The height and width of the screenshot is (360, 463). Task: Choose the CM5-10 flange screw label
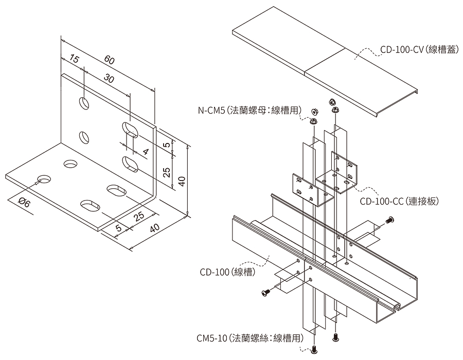(x=250, y=338)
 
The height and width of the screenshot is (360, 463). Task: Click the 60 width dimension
(x=109, y=59)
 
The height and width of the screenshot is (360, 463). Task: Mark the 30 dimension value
(x=109, y=78)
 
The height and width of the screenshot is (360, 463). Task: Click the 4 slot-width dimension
(x=146, y=151)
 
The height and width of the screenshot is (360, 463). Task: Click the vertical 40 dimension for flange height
(x=181, y=181)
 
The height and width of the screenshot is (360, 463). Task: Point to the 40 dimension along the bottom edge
(x=153, y=229)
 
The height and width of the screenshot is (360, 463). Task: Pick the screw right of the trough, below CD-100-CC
(x=389, y=221)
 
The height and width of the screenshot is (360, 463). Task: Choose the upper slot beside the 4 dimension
(x=130, y=129)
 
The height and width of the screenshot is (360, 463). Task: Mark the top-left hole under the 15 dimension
(x=83, y=103)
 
